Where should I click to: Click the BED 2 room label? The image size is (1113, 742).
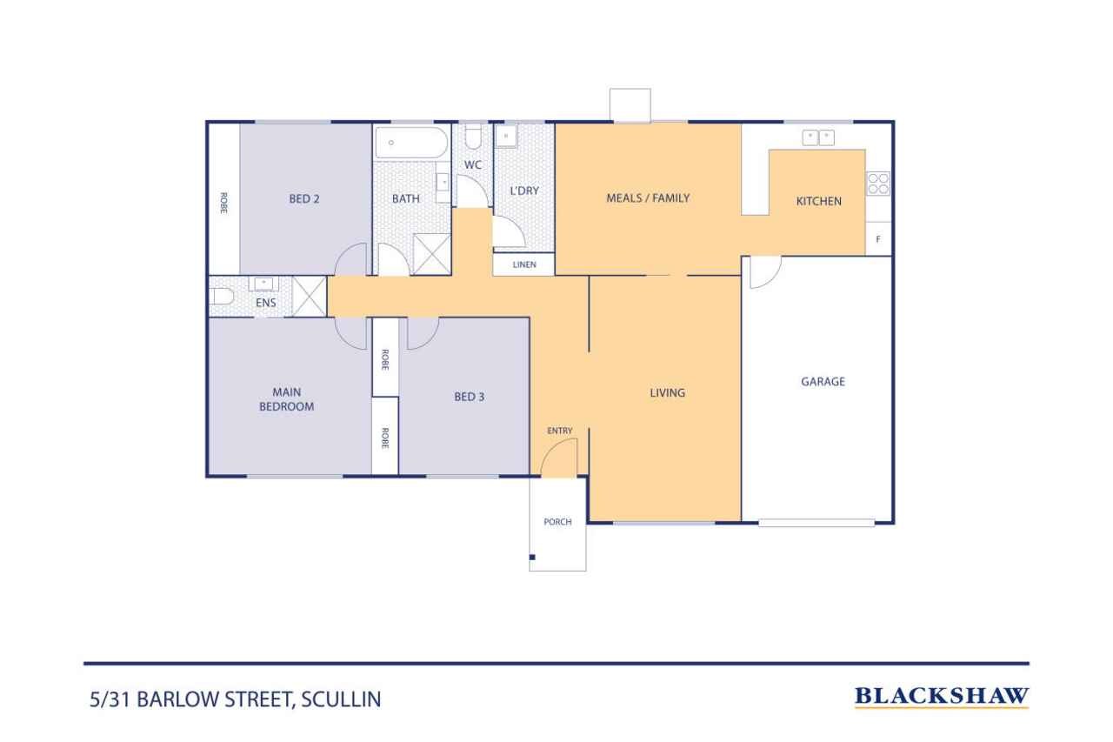[x=304, y=198]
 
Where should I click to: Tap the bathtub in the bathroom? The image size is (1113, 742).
[x=411, y=143]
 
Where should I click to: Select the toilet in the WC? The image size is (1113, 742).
[x=473, y=137]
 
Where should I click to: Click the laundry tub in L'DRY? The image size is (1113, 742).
[x=507, y=137]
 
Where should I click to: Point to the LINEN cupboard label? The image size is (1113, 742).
[x=523, y=264]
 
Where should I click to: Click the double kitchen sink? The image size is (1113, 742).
[x=818, y=137]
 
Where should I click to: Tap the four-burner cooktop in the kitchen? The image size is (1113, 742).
[x=877, y=184]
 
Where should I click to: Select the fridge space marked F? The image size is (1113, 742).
[x=878, y=238]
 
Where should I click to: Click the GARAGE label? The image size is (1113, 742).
[x=823, y=381]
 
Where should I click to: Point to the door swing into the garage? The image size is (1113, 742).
[x=763, y=271]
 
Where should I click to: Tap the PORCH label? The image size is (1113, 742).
[x=557, y=522]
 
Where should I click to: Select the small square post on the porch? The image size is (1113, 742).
[x=532, y=557]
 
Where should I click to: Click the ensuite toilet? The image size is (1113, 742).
[x=222, y=297]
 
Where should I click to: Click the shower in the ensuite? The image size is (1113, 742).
[x=308, y=296]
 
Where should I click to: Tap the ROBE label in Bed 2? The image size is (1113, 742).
[x=223, y=203]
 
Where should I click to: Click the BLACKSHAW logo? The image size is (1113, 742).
[x=942, y=696]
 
